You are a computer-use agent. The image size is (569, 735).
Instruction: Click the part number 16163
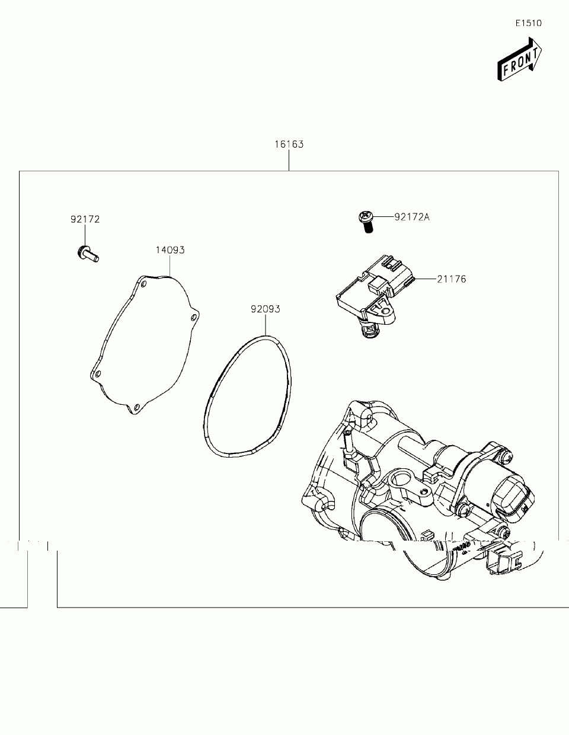pyautogui.click(x=289, y=144)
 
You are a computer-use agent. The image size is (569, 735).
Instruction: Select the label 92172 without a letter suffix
pyautogui.click(x=85, y=219)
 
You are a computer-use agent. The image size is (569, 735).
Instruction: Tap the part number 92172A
pyautogui.click(x=412, y=217)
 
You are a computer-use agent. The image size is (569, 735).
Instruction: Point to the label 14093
pyautogui.click(x=170, y=250)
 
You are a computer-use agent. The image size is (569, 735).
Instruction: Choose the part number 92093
pyautogui.click(x=265, y=309)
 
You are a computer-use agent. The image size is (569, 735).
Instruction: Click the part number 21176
pyautogui.click(x=452, y=279)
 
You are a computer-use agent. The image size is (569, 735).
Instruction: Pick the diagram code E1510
pyautogui.click(x=528, y=23)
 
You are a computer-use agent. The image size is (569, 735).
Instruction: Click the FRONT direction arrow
pyautogui.click(x=519, y=59)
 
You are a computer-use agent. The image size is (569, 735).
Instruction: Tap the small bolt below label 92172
pyautogui.click(x=88, y=254)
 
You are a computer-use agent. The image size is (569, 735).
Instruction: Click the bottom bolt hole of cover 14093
pyautogui.click(x=136, y=407)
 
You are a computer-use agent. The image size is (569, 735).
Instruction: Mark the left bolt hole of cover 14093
pyautogui.click(x=98, y=374)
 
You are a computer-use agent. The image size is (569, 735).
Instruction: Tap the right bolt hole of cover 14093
pyautogui.click(x=193, y=318)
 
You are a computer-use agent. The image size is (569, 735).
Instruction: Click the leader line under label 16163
pyautogui.click(x=289, y=160)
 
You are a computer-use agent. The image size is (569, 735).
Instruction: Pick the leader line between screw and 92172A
pyautogui.click(x=383, y=217)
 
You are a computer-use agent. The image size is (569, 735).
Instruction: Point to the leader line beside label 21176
pyautogui.click(x=424, y=279)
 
